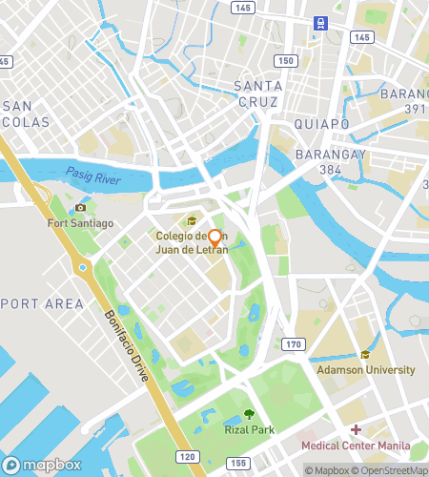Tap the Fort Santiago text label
[x=81, y=223]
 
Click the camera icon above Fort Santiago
[x=81, y=208]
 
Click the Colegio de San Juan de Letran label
[x=193, y=242]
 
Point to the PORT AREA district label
[x=42, y=304]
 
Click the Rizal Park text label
[x=249, y=430]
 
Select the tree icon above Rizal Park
[x=249, y=414]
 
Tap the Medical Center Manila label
[x=356, y=446]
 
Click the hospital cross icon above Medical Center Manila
[x=356, y=430]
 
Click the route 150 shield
[x=284, y=60]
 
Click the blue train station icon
[x=319, y=23]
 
